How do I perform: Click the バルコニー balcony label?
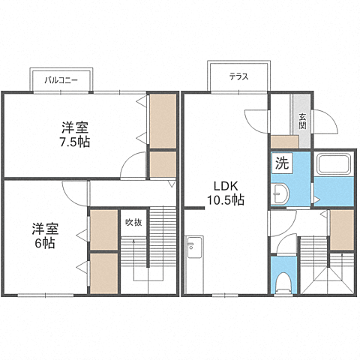click(61, 80)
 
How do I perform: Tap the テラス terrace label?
click(239, 76)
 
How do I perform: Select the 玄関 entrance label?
click(302, 121)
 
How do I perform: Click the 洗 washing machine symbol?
click(282, 163)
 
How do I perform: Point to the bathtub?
click(334, 163)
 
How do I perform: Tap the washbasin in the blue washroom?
click(280, 193)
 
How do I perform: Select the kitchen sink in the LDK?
click(194, 247)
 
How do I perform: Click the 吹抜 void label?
click(133, 222)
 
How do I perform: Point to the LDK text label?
click(225, 186)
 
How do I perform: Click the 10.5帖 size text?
click(226, 199)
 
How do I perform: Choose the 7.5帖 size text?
click(74, 142)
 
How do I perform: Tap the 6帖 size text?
click(45, 243)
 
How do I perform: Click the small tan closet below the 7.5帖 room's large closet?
click(163, 164)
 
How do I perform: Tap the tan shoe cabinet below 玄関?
click(285, 142)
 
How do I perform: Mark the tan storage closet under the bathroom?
click(342, 229)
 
